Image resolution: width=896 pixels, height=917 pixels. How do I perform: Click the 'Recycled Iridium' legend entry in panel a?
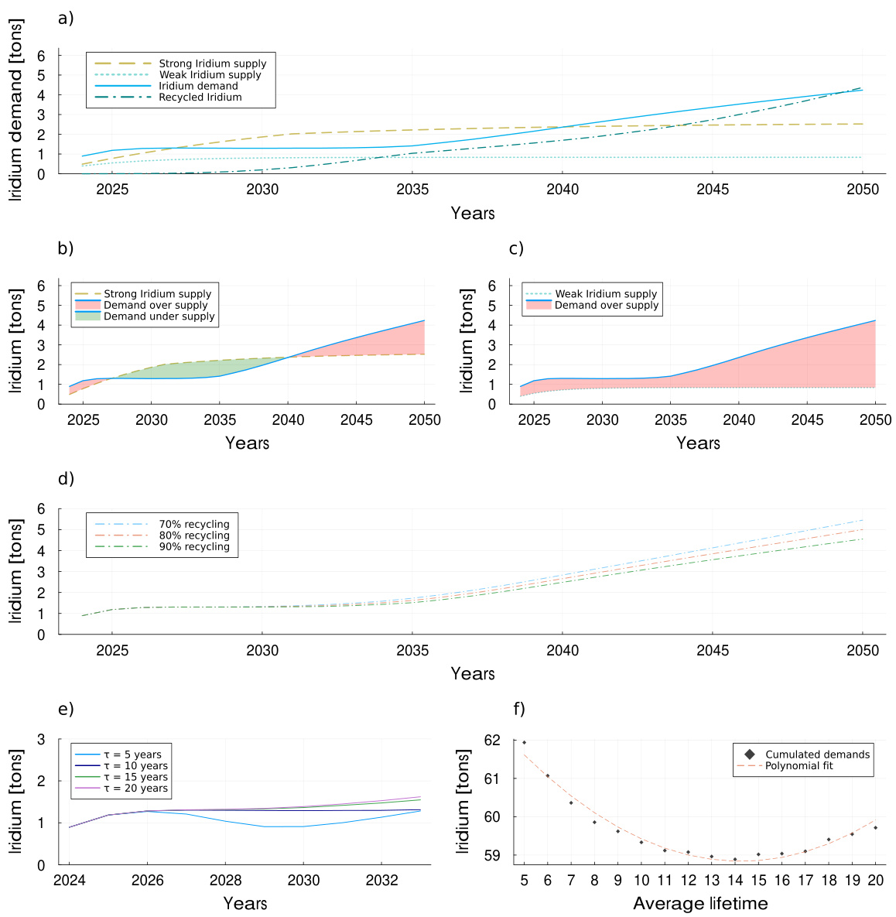pos(200,98)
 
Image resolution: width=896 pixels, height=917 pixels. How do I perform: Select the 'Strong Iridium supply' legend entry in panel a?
pos(212,63)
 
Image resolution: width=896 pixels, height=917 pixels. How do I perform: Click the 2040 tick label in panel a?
pos(563,190)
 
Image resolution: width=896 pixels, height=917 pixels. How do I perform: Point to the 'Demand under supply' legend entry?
pos(159,317)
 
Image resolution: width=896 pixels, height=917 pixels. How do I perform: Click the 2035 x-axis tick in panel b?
pos(220,419)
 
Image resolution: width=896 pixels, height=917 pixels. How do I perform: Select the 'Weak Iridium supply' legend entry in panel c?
pos(605,294)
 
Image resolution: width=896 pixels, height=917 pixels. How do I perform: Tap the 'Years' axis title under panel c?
pos(698,443)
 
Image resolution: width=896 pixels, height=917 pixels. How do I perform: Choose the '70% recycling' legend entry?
pos(194,524)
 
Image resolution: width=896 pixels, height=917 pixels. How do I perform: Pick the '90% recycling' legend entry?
pos(194,546)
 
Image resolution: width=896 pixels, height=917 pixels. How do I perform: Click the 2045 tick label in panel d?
pos(713,650)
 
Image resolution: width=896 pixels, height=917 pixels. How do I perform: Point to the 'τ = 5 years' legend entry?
pos(132,754)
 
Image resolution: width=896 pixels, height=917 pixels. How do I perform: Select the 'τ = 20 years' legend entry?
pos(135,789)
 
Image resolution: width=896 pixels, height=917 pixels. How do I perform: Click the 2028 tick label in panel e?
pos(225,881)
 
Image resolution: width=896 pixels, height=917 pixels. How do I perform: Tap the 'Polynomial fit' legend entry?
pos(799,766)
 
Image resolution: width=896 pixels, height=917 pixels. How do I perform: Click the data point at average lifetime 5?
pos(524,743)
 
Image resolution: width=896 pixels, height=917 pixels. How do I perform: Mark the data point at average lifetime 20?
pos(875,828)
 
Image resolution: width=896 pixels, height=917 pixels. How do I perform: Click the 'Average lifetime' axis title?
pos(700,903)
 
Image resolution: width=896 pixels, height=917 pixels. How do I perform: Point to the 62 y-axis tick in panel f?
pos(512,741)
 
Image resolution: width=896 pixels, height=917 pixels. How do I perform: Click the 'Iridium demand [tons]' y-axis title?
pos(16,110)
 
